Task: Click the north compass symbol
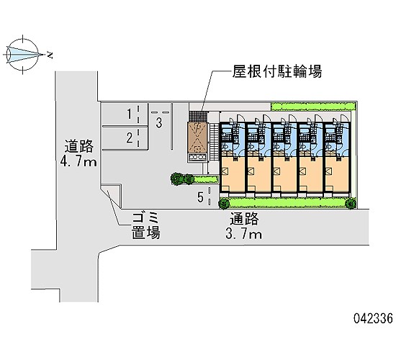point(23,55)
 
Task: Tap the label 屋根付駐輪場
point(277,71)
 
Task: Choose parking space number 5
point(200,197)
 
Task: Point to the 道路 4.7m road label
point(78,153)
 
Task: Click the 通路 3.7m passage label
point(244,225)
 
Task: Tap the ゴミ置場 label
point(145,225)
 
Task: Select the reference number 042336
point(373,318)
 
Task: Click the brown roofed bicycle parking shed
point(197,138)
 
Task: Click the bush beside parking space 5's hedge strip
point(182,179)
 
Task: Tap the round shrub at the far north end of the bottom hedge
point(351,203)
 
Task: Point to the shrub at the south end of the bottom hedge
point(224,203)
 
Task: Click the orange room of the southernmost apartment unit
point(233,174)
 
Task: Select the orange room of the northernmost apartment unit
point(337,174)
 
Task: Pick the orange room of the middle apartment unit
point(285,174)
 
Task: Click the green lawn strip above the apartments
point(313,107)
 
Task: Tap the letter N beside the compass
point(50,55)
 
